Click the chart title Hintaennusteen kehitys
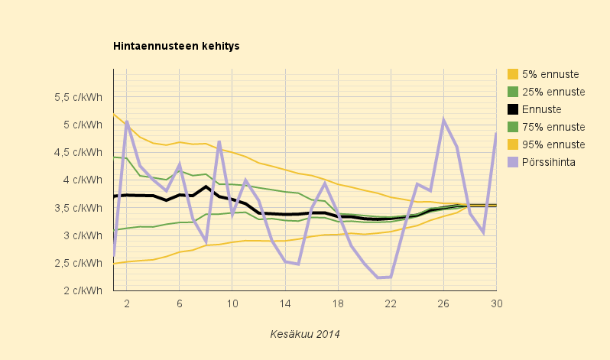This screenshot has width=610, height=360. pos(177,46)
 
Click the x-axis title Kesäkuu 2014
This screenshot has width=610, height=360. pos(305,334)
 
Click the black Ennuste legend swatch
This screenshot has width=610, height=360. pos(513,109)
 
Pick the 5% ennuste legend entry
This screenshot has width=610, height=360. pos(550,74)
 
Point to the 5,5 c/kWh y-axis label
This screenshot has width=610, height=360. pos(78,97)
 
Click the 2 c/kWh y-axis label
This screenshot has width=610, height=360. pos(83,290)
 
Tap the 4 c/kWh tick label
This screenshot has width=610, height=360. pos(83,180)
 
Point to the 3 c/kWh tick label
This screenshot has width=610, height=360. pos(83,235)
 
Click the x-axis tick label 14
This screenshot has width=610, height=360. pos(285,303)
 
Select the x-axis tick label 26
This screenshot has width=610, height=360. pos(443,303)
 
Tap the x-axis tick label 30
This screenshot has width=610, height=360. pos(496,303)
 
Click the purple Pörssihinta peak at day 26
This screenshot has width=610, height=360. pos(443,120)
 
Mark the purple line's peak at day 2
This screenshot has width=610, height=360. pos(126,122)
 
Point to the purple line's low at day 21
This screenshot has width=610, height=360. pos(378,277)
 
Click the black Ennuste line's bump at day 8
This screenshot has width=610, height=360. pos(206,186)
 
